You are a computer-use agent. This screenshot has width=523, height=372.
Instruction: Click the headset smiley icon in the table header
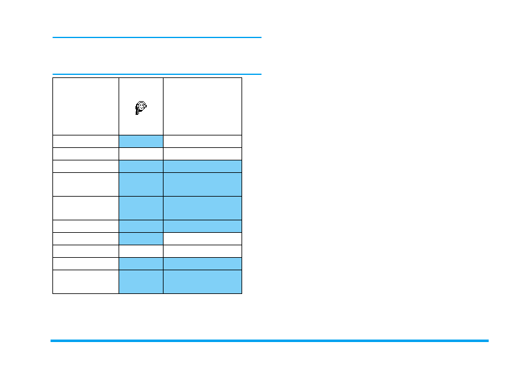pos(141,108)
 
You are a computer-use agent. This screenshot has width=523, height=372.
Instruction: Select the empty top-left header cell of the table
pos(86,106)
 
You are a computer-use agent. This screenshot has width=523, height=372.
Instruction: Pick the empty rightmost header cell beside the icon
pos(202,106)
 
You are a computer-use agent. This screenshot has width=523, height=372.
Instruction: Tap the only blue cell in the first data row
pos(141,141)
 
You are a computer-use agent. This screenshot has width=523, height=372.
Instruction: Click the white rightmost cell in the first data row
pos(202,141)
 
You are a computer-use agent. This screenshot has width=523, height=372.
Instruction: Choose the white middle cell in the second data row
pos(141,154)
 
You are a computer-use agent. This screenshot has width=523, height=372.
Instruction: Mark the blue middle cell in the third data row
pos(141,166)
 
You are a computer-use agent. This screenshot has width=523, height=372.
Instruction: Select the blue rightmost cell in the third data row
pos(202,166)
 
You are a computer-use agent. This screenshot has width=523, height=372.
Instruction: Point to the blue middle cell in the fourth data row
pos(141,184)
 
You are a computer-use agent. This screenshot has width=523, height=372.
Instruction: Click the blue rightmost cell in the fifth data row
pos(202,208)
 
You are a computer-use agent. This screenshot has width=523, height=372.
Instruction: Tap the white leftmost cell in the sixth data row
pos(86,226)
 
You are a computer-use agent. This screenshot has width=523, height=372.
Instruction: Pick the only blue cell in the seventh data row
pos(141,238)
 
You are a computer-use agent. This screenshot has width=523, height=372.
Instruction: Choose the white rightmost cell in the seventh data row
pos(202,238)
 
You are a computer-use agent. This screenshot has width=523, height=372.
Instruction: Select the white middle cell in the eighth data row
pos(141,251)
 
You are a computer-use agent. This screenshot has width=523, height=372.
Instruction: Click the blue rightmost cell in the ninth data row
pos(202,263)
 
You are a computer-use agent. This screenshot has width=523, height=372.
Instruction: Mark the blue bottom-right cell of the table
pos(202,281)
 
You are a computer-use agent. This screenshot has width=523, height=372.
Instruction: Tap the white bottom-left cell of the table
pos(86,281)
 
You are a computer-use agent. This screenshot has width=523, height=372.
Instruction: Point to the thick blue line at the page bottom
pos(269,341)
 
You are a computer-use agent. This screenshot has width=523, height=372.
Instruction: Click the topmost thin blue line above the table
pos(157,37)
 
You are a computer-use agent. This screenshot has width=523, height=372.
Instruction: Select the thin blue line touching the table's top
pos(157,74)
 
